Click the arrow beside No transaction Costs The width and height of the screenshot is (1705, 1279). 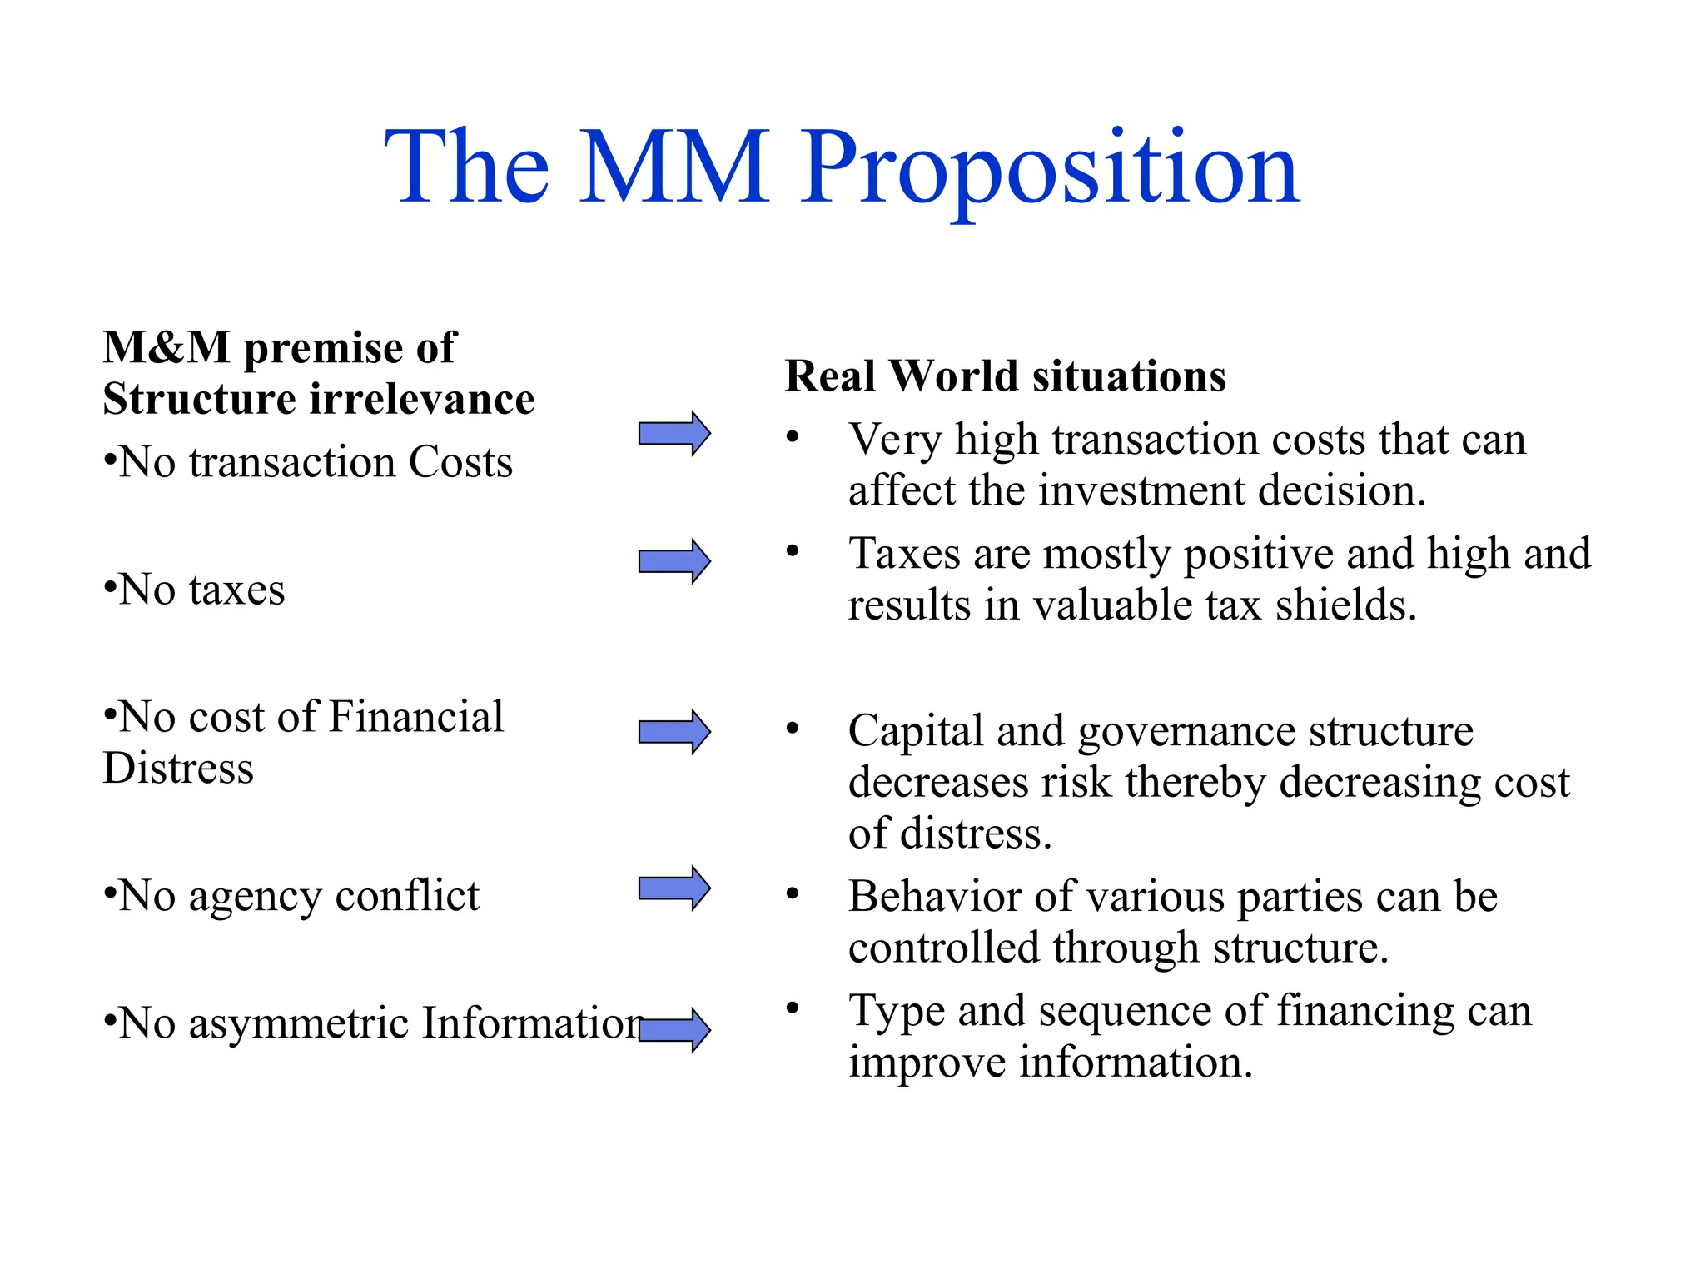674,433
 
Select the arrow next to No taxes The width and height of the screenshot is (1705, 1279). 674,561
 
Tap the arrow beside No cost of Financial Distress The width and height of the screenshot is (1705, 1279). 674,732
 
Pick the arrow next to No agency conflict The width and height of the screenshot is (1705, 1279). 674,888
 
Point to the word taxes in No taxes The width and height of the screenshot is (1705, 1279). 236,590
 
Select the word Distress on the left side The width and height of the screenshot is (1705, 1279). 178,768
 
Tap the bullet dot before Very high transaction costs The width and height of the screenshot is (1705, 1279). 793,436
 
